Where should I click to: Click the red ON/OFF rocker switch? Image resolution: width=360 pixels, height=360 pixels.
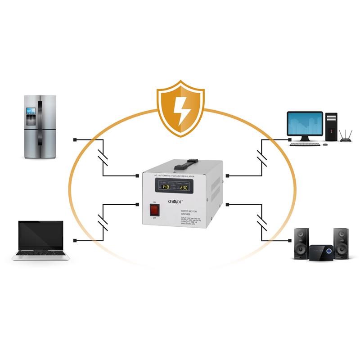click(154, 209)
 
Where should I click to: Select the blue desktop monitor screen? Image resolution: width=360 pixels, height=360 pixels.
click(305, 123)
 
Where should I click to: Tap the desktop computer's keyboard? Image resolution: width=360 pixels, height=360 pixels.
click(305, 144)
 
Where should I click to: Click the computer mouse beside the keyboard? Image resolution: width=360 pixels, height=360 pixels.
click(325, 145)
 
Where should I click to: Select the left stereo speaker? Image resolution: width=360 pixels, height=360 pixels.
click(301, 243)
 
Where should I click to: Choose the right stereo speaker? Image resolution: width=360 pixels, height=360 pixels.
click(341, 243)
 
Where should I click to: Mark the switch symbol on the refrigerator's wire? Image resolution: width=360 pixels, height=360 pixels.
click(103, 158)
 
